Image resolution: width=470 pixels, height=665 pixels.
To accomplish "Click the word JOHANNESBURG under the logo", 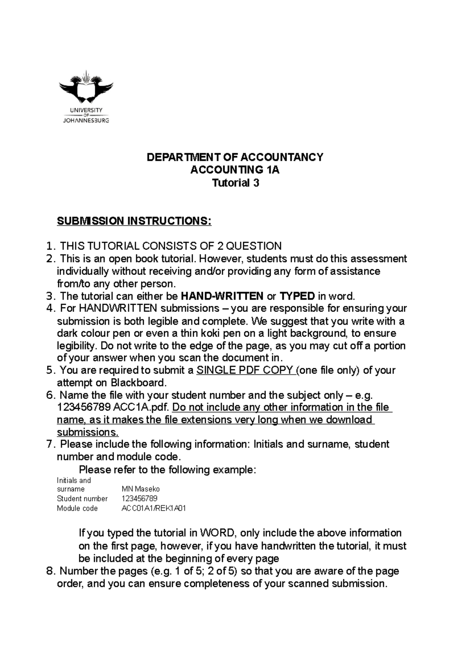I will click(86, 121).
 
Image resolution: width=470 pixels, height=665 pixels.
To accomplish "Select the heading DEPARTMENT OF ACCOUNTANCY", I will click(235, 157).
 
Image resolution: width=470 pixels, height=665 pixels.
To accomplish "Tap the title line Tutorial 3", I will click(235, 183).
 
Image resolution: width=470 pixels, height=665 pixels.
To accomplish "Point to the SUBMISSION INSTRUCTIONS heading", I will click(134, 222).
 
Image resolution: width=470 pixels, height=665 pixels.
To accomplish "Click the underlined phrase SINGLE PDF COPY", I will click(246, 370).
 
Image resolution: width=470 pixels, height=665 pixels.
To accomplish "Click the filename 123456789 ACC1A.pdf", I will click(113, 407).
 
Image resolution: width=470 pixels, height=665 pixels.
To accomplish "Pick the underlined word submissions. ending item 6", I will click(87, 432).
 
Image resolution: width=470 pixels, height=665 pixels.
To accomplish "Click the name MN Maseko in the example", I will click(141, 489).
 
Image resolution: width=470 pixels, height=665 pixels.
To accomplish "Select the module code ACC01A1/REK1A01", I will click(154, 508).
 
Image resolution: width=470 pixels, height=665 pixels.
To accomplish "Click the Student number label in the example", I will click(82, 499).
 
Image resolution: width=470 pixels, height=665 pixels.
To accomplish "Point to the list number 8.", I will click(49, 571).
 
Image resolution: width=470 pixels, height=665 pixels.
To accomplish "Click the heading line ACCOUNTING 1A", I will click(235, 170).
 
